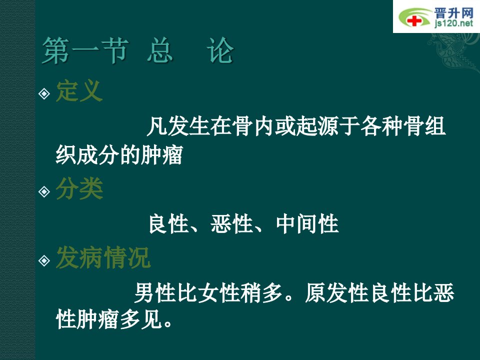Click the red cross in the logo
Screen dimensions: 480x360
pyautogui.click(x=414, y=21)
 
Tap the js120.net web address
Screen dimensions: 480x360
pyautogui.click(x=453, y=23)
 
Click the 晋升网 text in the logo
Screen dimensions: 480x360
pyautogui.click(x=453, y=12)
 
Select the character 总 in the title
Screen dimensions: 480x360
pyautogui.click(x=160, y=50)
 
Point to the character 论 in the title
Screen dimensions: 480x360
pyautogui.click(x=220, y=50)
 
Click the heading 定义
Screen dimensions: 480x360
pyautogui.click(x=79, y=91)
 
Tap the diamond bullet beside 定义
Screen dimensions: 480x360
pyautogui.click(x=44, y=93)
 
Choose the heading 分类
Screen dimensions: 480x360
pyautogui.click(x=79, y=188)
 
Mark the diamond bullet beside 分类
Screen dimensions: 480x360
pyautogui.click(x=44, y=191)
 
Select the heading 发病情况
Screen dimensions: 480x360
pyautogui.click(x=103, y=258)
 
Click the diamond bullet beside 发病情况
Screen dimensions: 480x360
pyautogui.click(x=44, y=260)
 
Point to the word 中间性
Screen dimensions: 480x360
pyautogui.click(x=307, y=224)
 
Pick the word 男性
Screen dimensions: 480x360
pyautogui.click(x=155, y=293)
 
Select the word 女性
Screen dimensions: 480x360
pyautogui.click(x=219, y=293)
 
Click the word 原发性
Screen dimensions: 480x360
pyautogui.click(x=336, y=293)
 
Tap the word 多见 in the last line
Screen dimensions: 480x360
pyautogui.click(x=141, y=320)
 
